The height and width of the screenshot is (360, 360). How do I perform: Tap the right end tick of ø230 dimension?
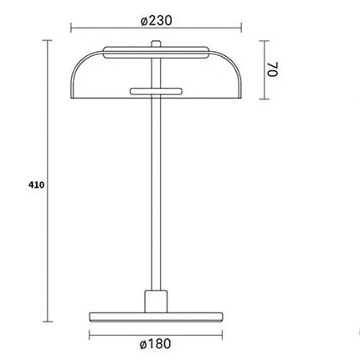[x=243, y=25]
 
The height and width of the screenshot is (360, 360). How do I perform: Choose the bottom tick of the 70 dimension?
[x=260, y=103]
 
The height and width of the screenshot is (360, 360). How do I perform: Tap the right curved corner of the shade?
[x=235, y=63]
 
